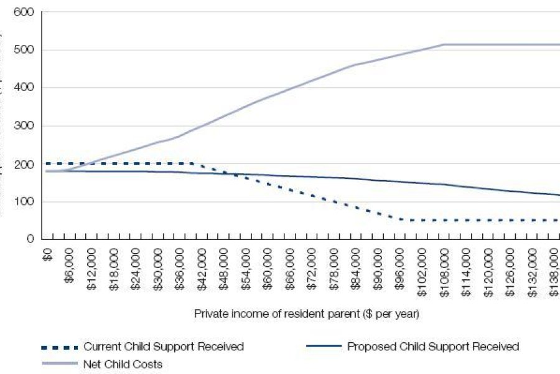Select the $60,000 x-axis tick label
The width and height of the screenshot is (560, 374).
pos(268,264)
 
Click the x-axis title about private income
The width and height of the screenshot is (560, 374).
pos(307,314)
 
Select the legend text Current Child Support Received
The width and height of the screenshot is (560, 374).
pos(164,347)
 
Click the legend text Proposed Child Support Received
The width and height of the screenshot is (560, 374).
pos(433,347)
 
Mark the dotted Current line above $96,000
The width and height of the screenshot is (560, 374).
pos(401,219)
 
